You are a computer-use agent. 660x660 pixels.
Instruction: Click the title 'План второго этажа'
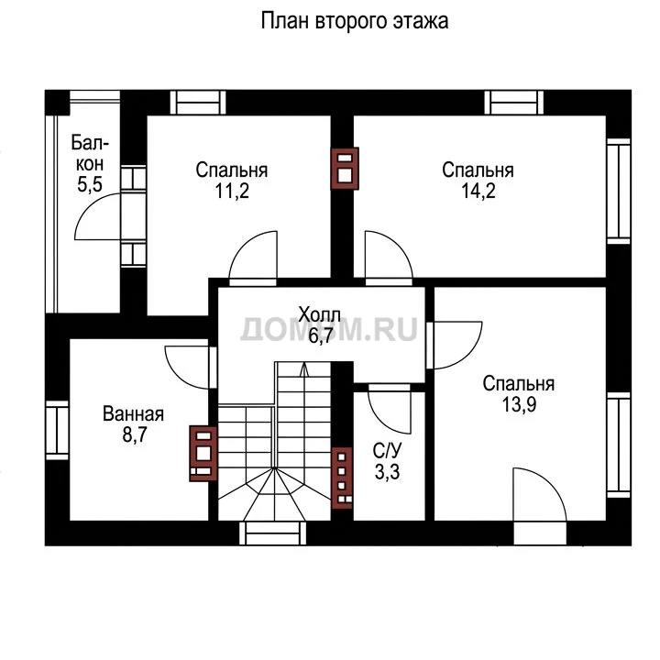(x=355, y=21)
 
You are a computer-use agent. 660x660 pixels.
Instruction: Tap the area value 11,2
(x=232, y=191)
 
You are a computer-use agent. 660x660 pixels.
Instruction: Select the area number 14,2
(x=478, y=191)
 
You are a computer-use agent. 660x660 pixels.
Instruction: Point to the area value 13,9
(x=519, y=404)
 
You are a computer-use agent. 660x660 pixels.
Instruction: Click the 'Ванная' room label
(x=134, y=414)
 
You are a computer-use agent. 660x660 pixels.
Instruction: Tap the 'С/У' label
(x=387, y=451)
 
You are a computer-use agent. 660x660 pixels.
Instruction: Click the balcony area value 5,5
(x=90, y=184)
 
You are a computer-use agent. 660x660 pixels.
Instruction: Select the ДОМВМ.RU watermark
(x=329, y=329)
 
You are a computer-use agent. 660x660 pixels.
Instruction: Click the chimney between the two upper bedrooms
(x=345, y=169)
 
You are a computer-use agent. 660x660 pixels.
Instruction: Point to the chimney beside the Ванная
(x=203, y=454)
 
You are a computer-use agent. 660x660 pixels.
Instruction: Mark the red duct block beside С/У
(x=342, y=478)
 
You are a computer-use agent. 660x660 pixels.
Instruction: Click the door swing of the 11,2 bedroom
(x=253, y=255)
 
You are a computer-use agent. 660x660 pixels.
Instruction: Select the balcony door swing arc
(x=98, y=216)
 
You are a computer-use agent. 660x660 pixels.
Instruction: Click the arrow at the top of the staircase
(x=303, y=369)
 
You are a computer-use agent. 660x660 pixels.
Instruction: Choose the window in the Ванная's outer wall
(x=57, y=430)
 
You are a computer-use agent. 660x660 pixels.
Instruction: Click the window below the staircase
(x=273, y=533)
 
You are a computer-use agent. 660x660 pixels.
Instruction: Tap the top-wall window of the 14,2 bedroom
(x=514, y=103)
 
